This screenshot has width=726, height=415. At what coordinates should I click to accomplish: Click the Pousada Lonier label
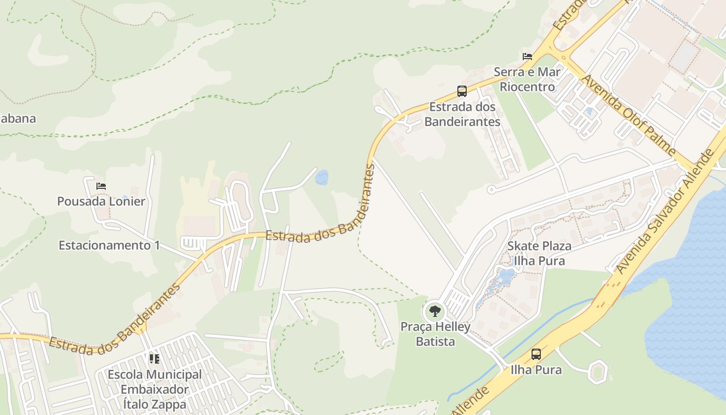point(101,201)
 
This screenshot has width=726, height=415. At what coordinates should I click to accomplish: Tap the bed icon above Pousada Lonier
point(101,186)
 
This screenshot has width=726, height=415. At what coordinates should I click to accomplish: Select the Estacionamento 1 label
point(109,245)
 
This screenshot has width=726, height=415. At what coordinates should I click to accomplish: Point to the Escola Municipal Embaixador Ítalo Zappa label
point(155,389)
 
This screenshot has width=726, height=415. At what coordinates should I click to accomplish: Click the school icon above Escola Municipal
point(154,358)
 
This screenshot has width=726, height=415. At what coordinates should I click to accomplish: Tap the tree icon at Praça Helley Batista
point(435,311)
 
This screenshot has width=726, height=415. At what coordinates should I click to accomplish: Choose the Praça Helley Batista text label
point(435,334)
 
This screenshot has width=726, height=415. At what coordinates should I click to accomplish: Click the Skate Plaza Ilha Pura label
point(539,253)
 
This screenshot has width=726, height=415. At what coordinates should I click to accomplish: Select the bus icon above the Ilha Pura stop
point(536,354)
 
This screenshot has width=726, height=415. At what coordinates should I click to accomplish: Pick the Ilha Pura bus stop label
point(536,370)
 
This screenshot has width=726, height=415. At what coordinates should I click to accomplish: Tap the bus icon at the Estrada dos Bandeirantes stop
point(462,91)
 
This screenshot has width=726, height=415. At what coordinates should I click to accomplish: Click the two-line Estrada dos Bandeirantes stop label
point(462,114)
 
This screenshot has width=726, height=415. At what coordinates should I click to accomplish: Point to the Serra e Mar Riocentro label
point(527,79)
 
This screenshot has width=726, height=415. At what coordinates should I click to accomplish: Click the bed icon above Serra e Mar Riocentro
point(527,56)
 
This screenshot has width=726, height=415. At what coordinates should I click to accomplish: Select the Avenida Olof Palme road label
point(629,116)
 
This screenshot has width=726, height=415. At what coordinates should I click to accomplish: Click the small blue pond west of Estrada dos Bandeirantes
point(322,177)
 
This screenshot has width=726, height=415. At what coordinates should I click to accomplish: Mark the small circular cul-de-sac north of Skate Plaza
point(491,190)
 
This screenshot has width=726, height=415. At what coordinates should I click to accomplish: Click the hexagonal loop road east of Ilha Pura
point(597,371)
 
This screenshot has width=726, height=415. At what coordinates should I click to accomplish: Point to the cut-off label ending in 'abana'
point(18,118)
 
